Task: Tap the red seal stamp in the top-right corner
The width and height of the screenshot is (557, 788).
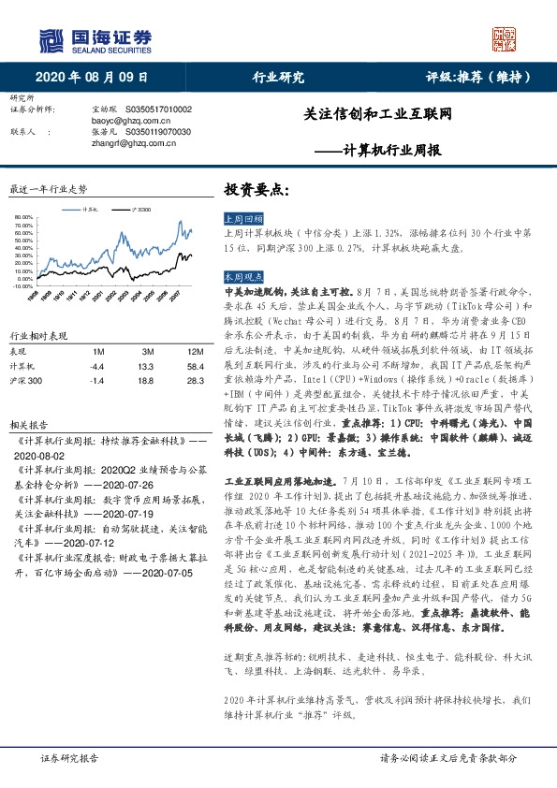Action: click(505, 37)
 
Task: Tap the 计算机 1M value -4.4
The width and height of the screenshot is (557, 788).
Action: click(97, 366)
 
